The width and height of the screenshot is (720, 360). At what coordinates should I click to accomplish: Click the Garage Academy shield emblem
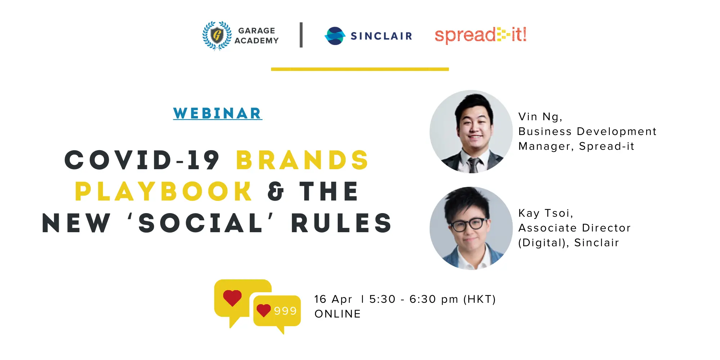(217, 36)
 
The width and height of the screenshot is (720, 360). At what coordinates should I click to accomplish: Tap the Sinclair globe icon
(335, 36)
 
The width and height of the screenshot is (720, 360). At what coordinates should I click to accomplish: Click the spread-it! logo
(481, 35)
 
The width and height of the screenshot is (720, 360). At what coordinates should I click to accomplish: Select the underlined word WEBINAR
(217, 113)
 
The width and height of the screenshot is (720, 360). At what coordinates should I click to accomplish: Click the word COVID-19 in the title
(142, 160)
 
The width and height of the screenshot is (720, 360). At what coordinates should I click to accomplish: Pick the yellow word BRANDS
(302, 160)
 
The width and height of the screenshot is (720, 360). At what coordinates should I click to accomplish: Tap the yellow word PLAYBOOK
(163, 191)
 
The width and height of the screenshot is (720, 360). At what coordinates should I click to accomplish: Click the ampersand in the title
(276, 191)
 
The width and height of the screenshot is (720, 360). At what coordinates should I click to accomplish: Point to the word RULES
(341, 223)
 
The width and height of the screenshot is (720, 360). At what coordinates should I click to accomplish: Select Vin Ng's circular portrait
(471, 131)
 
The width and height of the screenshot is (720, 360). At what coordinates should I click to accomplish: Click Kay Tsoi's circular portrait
(471, 228)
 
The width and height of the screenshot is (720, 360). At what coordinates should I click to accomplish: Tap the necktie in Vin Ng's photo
(473, 165)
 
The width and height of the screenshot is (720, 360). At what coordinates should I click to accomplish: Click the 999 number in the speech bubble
(285, 311)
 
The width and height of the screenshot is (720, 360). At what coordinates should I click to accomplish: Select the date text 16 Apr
(333, 299)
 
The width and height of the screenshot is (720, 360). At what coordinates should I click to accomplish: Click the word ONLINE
(338, 314)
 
